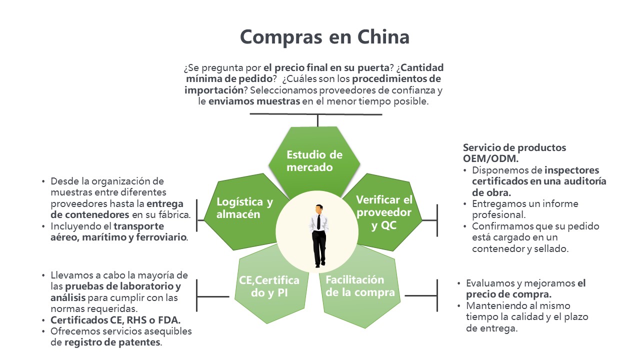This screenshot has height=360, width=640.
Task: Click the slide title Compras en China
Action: pyautogui.click(x=324, y=37)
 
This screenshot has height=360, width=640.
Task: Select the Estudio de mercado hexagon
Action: pyautogui.click(x=314, y=160)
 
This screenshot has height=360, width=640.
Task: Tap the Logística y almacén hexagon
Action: pyautogui.click(x=244, y=208)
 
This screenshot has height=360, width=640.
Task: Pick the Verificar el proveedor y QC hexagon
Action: pyautogui.click(x=384, y=212)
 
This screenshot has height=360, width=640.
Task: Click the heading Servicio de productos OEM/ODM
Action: pyautogui.click(x=514, y=153)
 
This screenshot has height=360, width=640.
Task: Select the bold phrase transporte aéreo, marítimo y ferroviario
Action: pyautogui.click(x=119, y=231)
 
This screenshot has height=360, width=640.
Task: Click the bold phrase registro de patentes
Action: pyautogui.click(x=113, y=342)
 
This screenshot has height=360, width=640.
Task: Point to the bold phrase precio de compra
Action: pyautogui.click(x=508, y=294)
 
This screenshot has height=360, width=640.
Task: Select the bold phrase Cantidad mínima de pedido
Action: pyautogui.click(x=314, y=72)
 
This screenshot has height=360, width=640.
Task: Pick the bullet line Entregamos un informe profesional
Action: pyautogui.click(x=524, y=209)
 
